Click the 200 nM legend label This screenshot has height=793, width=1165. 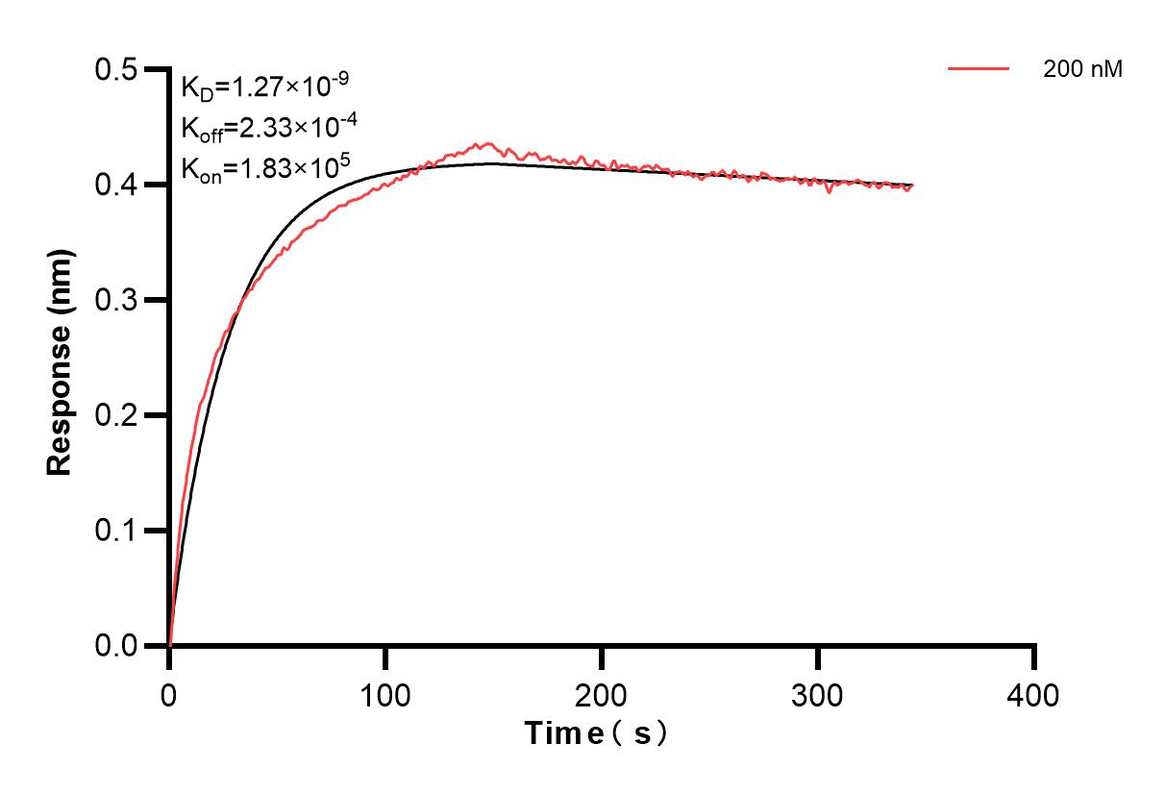pos(1082,69)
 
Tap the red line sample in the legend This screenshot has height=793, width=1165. pos(979,69)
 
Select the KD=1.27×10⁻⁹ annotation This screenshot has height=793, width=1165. pos(264,87)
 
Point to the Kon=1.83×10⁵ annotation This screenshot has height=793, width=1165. pos(266,166)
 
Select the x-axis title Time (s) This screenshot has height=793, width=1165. pos(596,733)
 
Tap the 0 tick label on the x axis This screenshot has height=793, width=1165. pos(169,693)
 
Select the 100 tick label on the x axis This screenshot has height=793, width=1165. pos(385,693)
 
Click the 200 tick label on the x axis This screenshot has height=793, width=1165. pos(602,693)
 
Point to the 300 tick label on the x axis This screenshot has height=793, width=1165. pos(818,693)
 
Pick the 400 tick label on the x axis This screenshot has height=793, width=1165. pos(1034,693)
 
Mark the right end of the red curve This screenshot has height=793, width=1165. pos(911,186)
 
